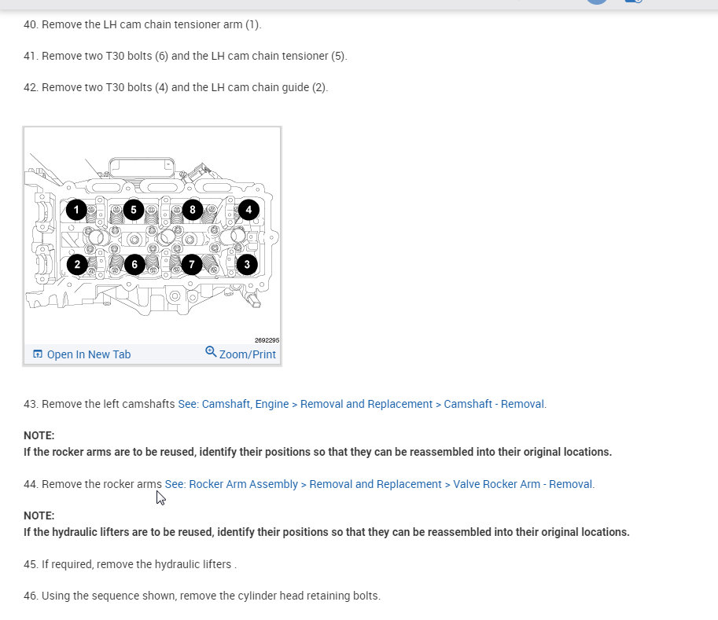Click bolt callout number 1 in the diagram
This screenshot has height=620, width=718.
(x=76, y=210)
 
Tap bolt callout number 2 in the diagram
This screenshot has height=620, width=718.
(x=76, y=264)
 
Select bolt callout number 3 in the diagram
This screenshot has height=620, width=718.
(x=247, y=264)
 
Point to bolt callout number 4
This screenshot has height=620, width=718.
(x=249, y=210)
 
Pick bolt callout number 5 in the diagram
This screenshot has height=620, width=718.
(x=134, y=210)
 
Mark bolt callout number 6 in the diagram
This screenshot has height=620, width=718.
(x=134, y=264)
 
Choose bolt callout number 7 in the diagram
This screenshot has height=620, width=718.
(x=191, y=264)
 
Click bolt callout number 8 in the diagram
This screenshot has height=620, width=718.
(x=191, y=210)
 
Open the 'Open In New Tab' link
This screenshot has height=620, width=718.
(x=88, y=354)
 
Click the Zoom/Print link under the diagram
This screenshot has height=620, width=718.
(x=247, y=354)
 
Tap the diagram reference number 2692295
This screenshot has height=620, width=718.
(x=267, y=340)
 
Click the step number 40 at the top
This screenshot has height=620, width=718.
(x=31, y=24)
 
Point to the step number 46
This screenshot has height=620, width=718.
(x=31, y=596)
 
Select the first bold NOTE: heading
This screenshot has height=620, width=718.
(x=39, y=435)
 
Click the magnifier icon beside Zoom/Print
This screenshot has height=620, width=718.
(x=211, y=352)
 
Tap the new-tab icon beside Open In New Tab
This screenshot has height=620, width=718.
(x=38, y=354)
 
